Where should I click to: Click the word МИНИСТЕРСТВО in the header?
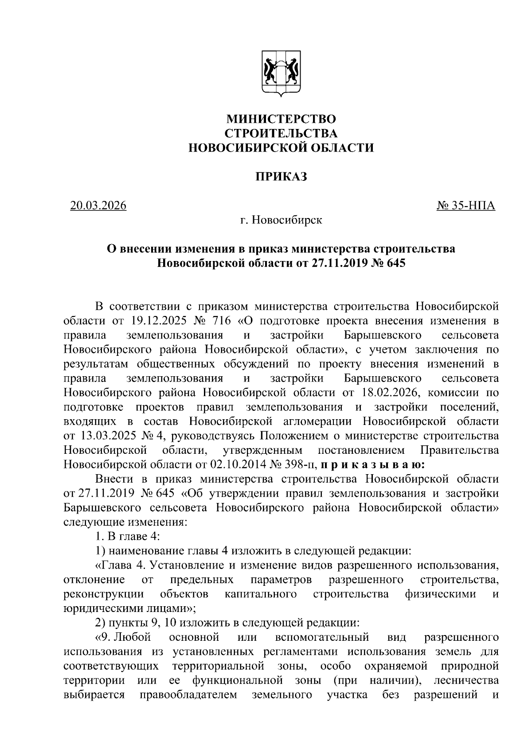tap(281, 119)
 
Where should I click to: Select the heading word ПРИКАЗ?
tap(281, 177)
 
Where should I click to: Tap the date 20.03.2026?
tap(98, 206)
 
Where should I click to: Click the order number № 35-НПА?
tap(466, 206)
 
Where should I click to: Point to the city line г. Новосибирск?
tap(281, 220)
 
